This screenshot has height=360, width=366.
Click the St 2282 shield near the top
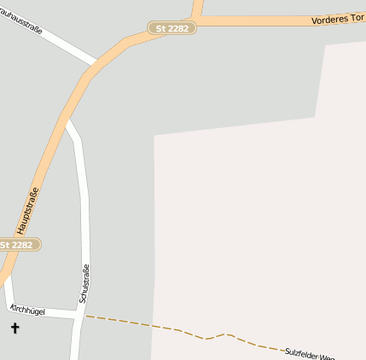point(173,28)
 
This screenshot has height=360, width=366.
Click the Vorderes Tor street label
point(338,18)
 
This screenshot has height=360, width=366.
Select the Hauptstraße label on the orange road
point(28,211)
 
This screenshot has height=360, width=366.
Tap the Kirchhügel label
point(26,310)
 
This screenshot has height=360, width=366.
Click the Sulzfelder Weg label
point(309,351)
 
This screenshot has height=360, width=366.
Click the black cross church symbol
point(15,328)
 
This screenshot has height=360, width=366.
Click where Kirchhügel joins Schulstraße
point(82,316)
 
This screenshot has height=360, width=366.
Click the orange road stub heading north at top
point(198,9)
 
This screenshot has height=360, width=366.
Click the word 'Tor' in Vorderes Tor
point(356,18)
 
